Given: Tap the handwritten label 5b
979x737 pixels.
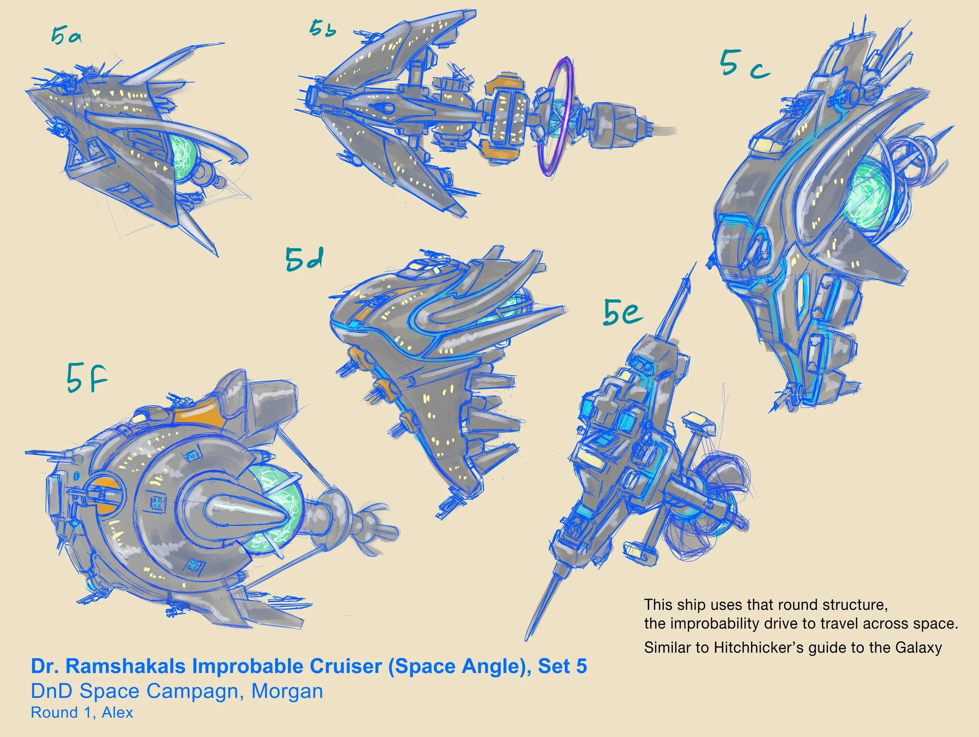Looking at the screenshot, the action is [x=323, y=28].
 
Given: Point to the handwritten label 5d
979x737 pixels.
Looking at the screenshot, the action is [x=304, y=258].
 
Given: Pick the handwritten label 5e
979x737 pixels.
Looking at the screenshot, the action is [x=623, y=313].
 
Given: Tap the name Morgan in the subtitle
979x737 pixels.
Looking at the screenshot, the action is [x=287, y=692].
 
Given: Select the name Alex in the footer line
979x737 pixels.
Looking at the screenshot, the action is [x=117, y=713].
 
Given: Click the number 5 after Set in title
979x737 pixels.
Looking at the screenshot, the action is [x=581, y=666].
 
